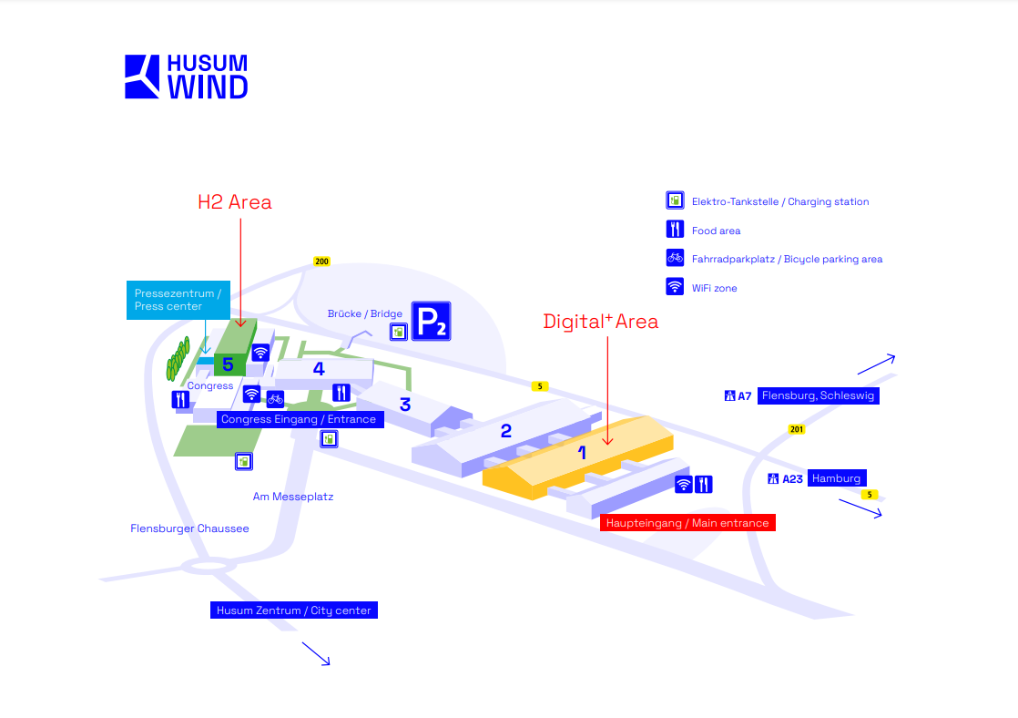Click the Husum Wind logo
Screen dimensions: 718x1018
tap(186, 77)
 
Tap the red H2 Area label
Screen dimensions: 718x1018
tap(235, 202)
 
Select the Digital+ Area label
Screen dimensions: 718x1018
tap(600, 322)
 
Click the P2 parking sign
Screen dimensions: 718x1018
tap(431, 322)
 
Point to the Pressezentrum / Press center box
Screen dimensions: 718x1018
tap(178, 300)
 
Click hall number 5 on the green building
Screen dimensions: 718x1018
tap(228, 365)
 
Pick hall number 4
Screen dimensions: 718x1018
tap(319, 369)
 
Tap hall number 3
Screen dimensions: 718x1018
tap(405, 405)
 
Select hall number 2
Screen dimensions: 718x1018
tap(506, 431)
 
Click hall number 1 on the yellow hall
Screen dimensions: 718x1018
tap(582, 452)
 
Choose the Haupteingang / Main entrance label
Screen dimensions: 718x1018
tap(687, 523)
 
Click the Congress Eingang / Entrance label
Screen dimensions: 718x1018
tap(299, 419)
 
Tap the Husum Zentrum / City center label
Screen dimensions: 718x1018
tap(293, 610)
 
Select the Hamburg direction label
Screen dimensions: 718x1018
tap(836, 478)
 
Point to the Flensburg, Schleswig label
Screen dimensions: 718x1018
tap(818, 395)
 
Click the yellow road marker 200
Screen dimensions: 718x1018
tap(321, 262)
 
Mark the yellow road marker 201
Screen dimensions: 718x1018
tap(797, 430)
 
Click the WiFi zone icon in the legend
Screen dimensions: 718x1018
tap(675, 287)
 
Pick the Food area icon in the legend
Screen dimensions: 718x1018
tap(675, 230)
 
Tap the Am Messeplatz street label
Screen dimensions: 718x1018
tap(293, 497)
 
